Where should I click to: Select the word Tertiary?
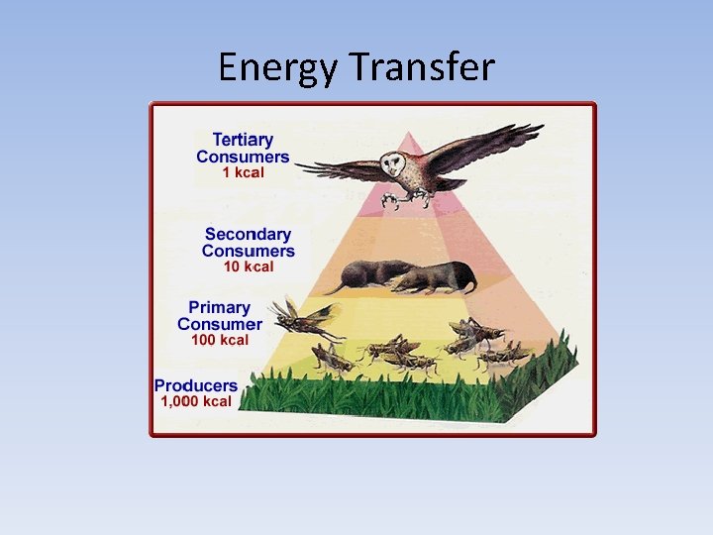click(x=242, y=141)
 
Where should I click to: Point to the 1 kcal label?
click(x=242, y=172)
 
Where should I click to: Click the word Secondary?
click(x=248, y=235)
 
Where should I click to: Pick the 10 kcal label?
click(x=248, y=267)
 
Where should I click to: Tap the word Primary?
click(x=220, y=308)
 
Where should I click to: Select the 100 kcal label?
click(x=220, y=340)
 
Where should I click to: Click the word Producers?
click(x=196, y=385)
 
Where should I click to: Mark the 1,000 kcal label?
click(x=196, y=401)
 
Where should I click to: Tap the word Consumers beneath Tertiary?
click(x=243, y=157)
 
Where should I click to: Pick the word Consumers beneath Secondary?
click(x=249, y=251)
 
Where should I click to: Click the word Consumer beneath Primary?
click(x=220, y=324)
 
